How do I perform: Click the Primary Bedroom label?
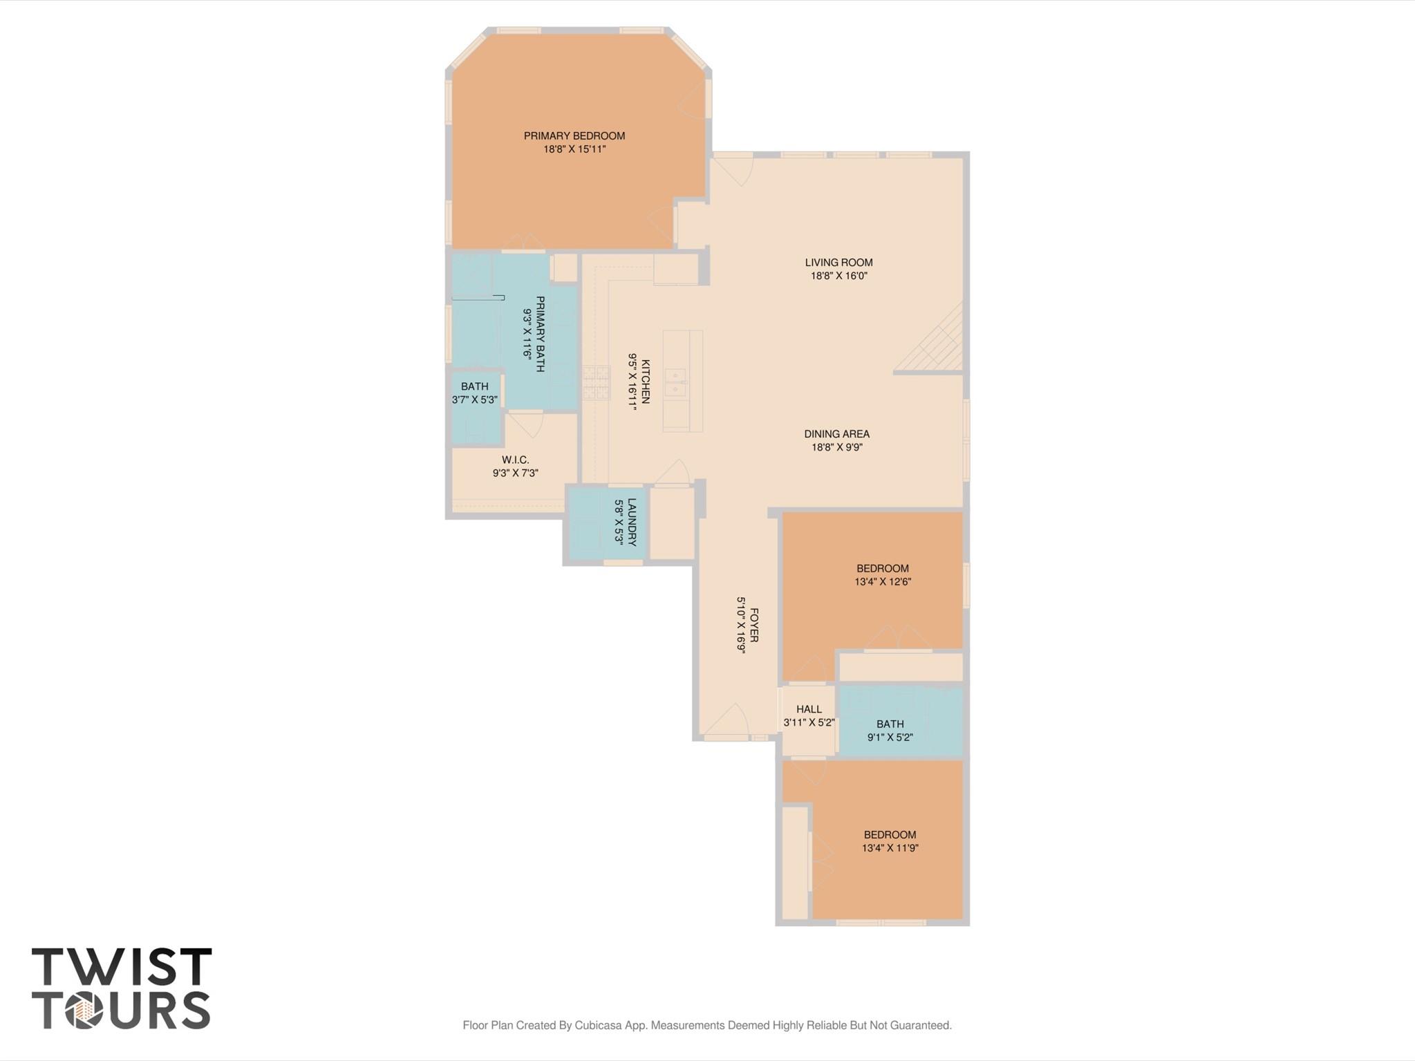[x=574, y=136]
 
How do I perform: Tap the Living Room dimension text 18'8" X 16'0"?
[x=838, y=276]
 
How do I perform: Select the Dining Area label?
[x=836, y=434]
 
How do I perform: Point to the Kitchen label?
[x=646, y=381]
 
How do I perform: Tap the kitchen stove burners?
[x=596, y=384]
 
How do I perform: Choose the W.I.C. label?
[x=515, y=460]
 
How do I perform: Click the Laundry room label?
[x=632, y=522]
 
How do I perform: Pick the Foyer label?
[x=754, y=625]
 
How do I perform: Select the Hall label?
[x=809, y=709]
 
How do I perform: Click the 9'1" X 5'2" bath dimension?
[x=890, y=738]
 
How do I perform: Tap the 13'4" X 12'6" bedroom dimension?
[x=883, y=582]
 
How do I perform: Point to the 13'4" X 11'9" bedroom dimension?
[x=890, y=848]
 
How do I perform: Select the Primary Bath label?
[x=541, y=334]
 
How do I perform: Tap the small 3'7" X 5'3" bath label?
[x=474, y=387]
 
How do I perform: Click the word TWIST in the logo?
[x=122, y=967]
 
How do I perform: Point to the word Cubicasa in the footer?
[x=599, y=1025]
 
